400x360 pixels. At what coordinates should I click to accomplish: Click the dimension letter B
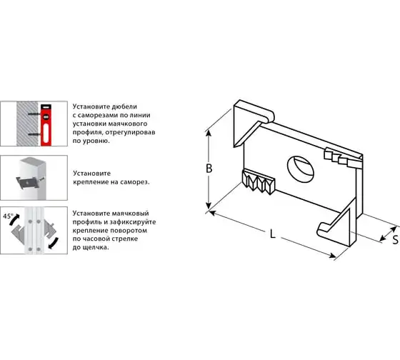pos(209,169)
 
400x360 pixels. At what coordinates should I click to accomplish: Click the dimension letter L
pos(273,234)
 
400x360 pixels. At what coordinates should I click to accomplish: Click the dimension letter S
pos(396,240)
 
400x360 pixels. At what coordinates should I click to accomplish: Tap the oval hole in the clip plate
pos(300,169)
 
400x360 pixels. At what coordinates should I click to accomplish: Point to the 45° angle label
pos(8,216)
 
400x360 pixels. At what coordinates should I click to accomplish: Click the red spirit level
pos(46,125)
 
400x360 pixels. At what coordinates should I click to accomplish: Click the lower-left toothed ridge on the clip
pos(258,181)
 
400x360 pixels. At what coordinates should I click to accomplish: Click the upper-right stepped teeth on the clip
pos(343,158)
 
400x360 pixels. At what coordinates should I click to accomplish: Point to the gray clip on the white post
pos(29,182)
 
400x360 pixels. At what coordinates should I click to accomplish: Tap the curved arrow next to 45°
pos(14,220)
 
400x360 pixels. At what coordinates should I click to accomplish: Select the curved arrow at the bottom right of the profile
pos(54,243)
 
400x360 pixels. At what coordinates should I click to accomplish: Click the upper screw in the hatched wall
pos(34,114)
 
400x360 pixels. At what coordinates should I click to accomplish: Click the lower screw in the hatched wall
pos(34,134)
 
